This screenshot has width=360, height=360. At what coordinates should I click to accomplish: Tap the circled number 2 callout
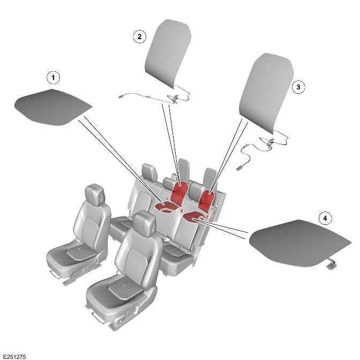tap(139, 36)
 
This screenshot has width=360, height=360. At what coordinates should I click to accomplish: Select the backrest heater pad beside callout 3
tap(265, 88)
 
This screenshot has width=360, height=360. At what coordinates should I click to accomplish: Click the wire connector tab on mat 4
tap(334, 263)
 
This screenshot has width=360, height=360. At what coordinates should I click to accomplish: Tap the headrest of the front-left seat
tap(95, 194)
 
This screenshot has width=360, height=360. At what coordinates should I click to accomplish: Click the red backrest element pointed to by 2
tap(181, 191)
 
